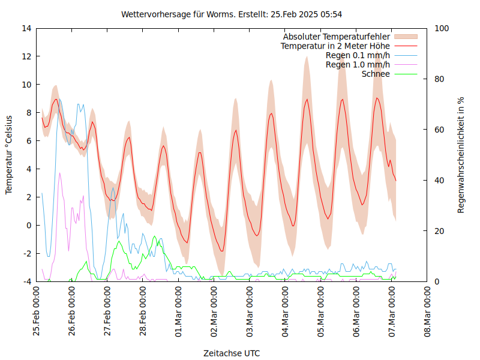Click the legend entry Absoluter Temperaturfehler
click(337, 37)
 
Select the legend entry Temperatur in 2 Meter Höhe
click(335, 46)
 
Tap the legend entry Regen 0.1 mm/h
click(358, 55)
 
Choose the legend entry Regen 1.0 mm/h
click(358, 64)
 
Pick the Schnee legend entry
click(376, 74)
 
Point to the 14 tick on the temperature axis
click(26, 28)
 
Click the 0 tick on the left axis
click(29, 226)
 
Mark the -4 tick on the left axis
click(27, 281)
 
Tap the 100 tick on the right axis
click(441, 28)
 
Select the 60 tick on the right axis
click(439, 130)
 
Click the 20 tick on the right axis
click(439, 231)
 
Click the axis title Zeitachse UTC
click(232, 353)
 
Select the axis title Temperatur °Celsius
click(9, 154)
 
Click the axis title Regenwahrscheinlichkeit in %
click(461, 155)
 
